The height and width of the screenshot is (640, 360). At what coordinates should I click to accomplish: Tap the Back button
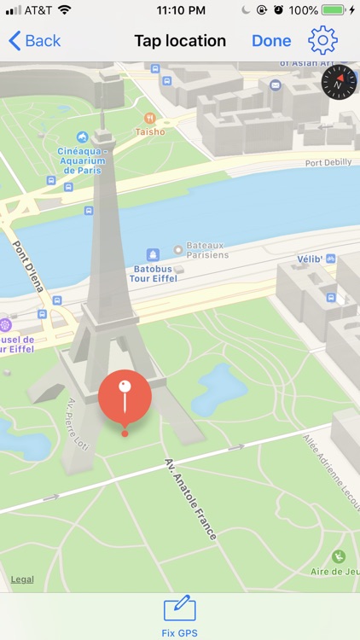(x=35, y=41)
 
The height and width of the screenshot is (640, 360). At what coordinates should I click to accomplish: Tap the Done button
(x=271, y=41)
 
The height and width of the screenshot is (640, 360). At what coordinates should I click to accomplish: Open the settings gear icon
(x=323, y=40)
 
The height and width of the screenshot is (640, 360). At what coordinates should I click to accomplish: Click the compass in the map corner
(x=339, y=83)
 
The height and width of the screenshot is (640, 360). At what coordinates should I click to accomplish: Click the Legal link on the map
(x=22, y=580)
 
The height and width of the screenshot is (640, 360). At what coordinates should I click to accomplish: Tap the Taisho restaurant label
(x=150, y=132)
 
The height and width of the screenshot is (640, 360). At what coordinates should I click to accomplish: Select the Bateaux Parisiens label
(x=201, y=250)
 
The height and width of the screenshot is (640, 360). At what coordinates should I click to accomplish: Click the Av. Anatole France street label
(x=191, y=498)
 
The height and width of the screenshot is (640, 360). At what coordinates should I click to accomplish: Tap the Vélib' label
(x=310, y=259)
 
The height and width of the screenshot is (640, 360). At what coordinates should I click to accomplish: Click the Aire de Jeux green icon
(x=339, y=556)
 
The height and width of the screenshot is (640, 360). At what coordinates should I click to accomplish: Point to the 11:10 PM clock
(x=181, y=10)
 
